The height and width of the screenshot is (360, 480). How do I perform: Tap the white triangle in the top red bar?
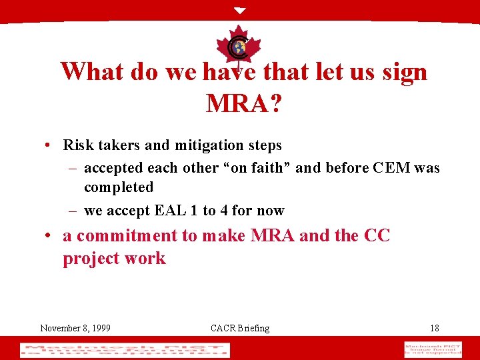pos(240,11)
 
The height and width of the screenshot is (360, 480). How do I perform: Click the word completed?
pos(119,187)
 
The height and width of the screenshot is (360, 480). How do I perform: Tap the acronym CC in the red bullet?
pos(377,235)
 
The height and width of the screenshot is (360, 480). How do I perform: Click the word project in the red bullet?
pos(89,258)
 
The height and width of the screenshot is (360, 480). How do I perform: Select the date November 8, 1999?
pos(75,327)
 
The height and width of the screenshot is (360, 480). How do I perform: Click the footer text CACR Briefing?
pos(240,327)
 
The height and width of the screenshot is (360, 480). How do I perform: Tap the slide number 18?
pos(434,327)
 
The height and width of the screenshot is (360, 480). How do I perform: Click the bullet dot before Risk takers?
pos(50,145)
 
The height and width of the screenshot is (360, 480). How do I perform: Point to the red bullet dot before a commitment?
pos(50,236)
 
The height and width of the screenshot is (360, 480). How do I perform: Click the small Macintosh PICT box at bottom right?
pos(432,349)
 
